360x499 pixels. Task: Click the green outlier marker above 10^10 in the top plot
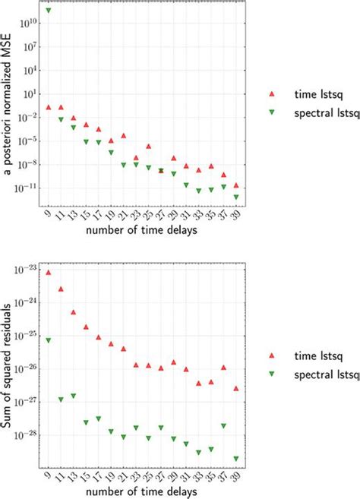coord(49,11)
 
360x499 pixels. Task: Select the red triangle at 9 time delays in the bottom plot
coord(49,272)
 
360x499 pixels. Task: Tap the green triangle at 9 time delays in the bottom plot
coord(49,340)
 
